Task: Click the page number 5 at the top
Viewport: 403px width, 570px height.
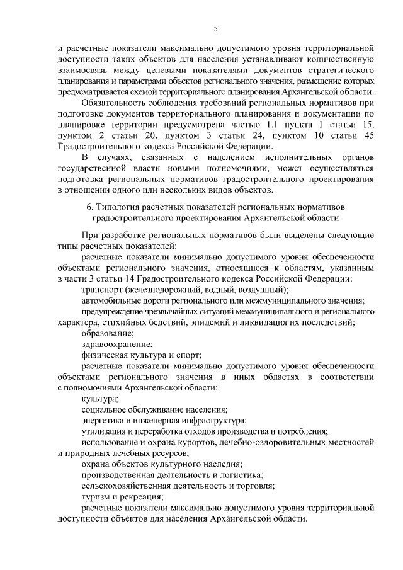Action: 215,28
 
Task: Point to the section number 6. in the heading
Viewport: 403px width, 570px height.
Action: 89,207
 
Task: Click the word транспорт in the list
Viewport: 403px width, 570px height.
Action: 102,289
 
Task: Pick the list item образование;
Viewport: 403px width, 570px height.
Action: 108,333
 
